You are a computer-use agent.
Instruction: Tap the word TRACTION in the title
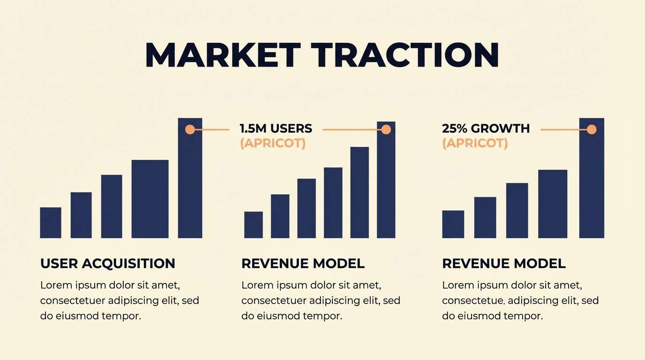pos(407,56)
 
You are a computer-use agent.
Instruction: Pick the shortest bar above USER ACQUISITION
pos(51,223)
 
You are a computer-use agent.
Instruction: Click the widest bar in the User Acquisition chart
pos(150,199)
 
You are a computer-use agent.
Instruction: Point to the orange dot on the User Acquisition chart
pos(190,129)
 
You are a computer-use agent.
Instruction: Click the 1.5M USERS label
pos(276,128)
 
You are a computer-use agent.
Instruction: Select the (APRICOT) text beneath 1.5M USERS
pos(272,143)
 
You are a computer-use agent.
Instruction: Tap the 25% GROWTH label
pos(486,128)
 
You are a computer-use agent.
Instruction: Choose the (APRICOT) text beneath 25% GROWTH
pos(475,143)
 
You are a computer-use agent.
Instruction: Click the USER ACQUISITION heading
pos(108,263)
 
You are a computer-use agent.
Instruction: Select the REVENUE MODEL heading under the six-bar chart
pos(303,263)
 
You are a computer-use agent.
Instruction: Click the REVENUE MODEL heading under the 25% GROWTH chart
pos(504,263)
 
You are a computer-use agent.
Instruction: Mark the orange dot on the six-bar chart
pos(386,129)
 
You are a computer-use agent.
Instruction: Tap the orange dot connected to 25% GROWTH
pos(592,129)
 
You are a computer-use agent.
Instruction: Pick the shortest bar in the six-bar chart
pos(253,225)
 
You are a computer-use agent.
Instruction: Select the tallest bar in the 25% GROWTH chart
pos(592,187)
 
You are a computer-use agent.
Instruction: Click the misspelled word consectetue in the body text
pos(473,300)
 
